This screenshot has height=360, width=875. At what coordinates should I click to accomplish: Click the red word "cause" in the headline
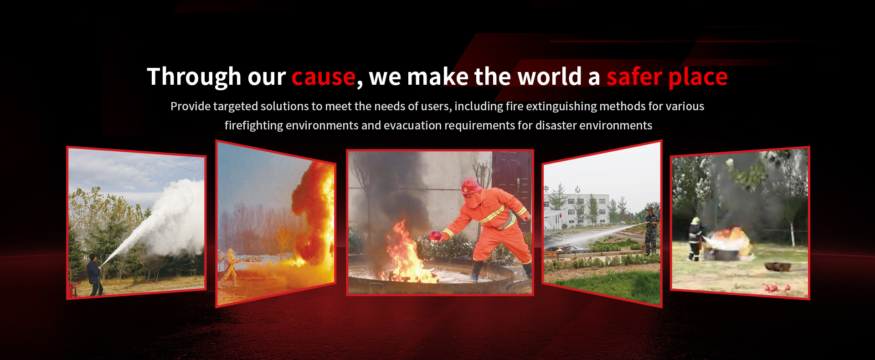[323, 77]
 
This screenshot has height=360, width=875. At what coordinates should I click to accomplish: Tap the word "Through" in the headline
[194, 76]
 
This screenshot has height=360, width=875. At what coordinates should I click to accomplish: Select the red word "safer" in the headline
[634, 76]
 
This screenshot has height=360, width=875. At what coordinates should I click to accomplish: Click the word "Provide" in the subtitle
[190, 106]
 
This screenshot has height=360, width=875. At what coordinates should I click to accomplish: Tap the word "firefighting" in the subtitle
[253, 126]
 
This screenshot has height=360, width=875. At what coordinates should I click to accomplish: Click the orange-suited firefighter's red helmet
[471, 186]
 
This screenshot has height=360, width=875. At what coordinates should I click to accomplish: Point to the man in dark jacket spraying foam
[94, 275]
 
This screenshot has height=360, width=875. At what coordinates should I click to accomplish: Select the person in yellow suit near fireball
[230, 268]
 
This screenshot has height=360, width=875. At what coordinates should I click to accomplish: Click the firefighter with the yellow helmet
[695, 239]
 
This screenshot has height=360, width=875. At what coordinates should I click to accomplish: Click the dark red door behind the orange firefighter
[512, 182]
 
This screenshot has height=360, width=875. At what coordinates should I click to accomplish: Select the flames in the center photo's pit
[406, 253]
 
